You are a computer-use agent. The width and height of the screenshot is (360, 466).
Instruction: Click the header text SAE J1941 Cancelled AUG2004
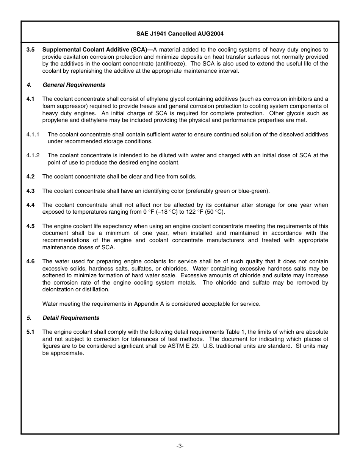(180, 34)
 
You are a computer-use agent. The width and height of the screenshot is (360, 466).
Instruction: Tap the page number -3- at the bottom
(180, 446)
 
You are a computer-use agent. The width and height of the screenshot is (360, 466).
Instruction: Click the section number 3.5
(30, 50)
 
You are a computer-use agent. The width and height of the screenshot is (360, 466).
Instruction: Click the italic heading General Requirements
(74, 85)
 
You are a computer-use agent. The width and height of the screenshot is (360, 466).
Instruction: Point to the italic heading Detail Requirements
(71, 318)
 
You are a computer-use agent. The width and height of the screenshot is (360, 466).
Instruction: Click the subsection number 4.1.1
(33, 134)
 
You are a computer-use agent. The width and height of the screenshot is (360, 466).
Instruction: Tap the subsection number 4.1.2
(33, 155)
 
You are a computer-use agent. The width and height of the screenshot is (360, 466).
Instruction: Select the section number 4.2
(30, 177)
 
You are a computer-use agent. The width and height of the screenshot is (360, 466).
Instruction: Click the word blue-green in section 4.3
(255, 191)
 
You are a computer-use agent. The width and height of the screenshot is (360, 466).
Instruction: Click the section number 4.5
(30, 226)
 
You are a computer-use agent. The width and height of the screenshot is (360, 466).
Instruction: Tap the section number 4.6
(30, 261)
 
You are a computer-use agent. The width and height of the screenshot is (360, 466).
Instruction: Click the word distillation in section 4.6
(95, 289)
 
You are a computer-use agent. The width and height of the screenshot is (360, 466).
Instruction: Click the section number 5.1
(30, 332)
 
